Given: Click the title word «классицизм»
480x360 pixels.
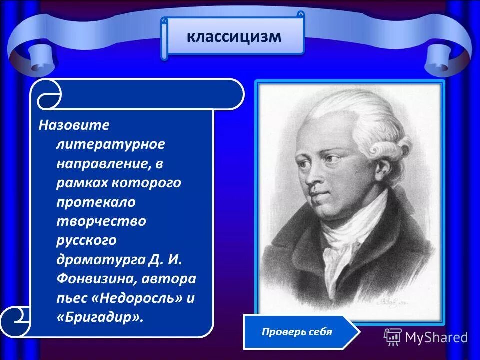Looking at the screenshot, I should [234, 36].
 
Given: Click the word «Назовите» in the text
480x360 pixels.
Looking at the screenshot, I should [74, 124].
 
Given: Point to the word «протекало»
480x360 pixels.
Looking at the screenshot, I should [96, 201].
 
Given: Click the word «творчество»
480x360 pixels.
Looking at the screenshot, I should [101, 221].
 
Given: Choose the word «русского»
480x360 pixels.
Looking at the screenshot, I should [86, 240].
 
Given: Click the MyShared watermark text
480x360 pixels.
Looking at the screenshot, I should [436, 337].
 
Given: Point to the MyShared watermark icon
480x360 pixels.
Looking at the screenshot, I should [392, 337].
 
